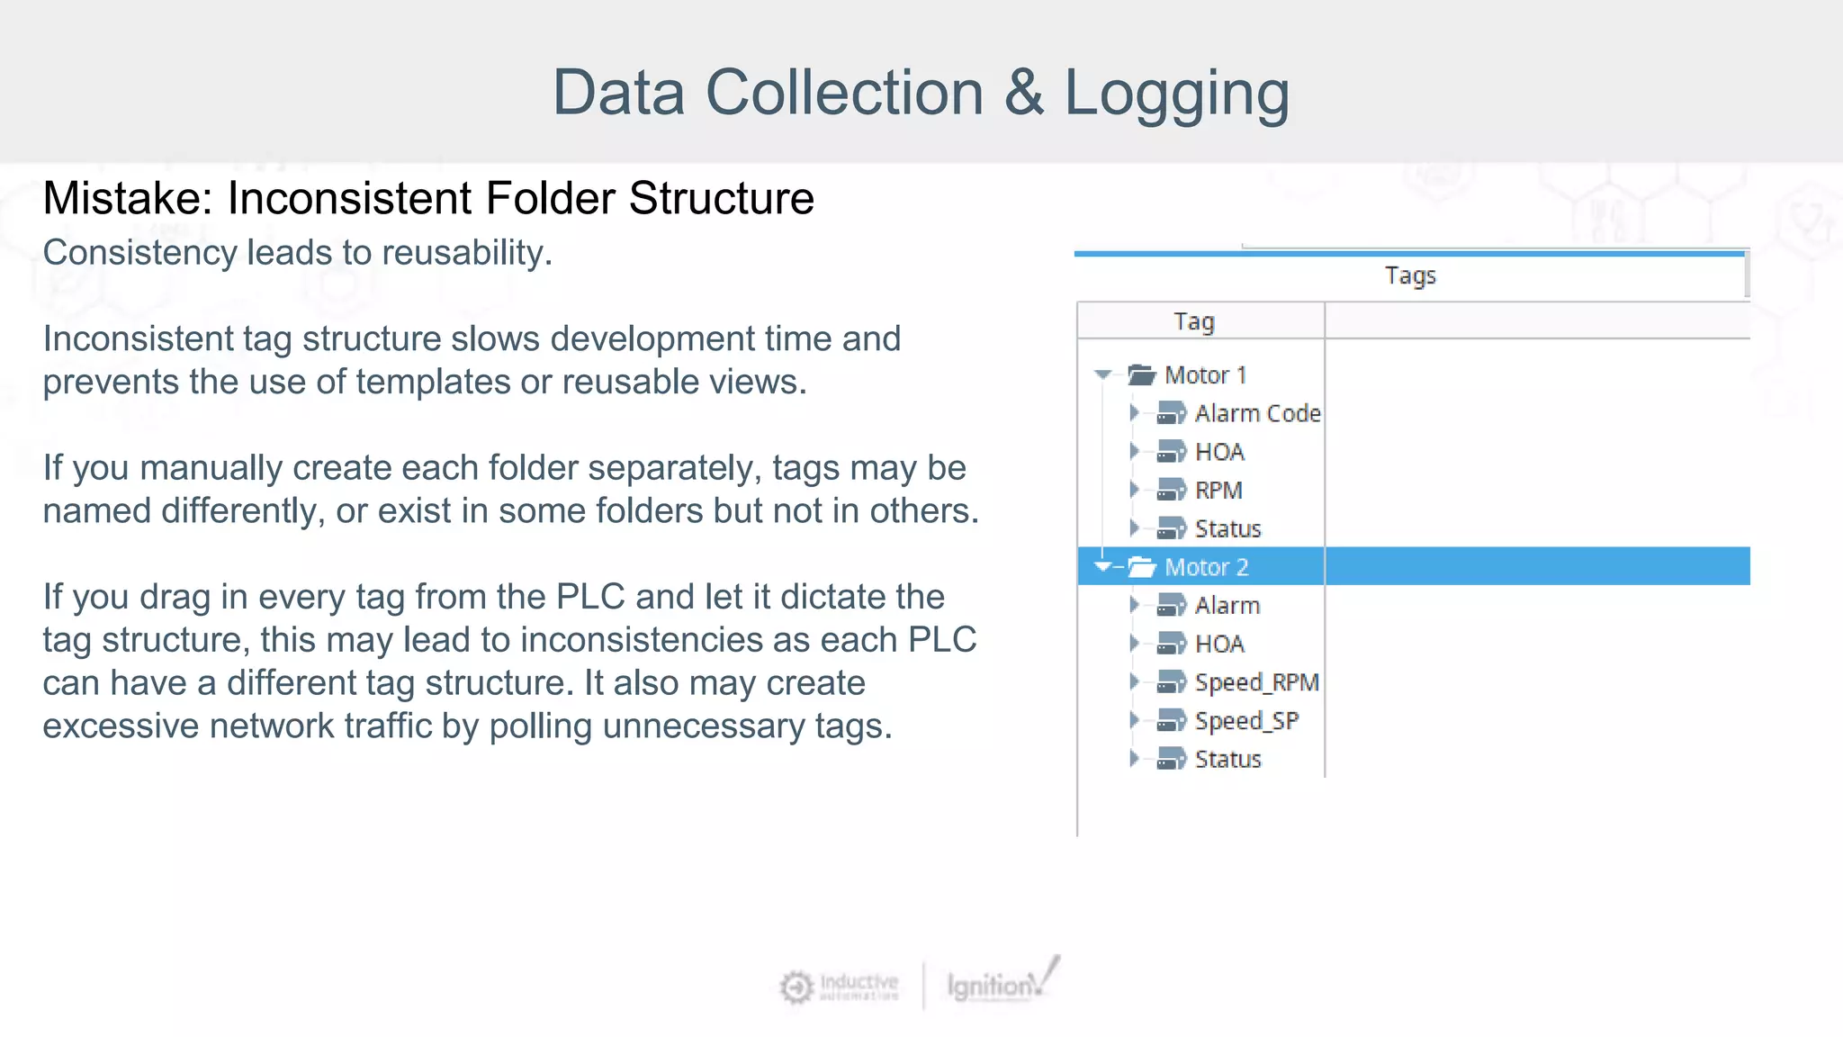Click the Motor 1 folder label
pos(1205,375)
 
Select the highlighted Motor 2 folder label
pos(1206,567)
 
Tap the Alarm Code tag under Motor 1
pos(1257,414)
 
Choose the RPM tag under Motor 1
pos(1218,491)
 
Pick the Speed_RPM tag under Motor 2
pos(1256,683)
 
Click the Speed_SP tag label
pos(1246,721)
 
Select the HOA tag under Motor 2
pos(1219,645)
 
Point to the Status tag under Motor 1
pos(1227,529)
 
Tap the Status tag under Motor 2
pos(1227,760)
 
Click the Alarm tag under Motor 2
pos(1227,606)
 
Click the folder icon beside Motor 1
pos(1141,374)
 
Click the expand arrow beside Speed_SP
pos(1134,720)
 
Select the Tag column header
pos(1194,321)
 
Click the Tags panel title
pos(1410,275)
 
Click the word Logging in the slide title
pos(1176,94)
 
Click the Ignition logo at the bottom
pos(999,984)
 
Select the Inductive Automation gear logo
pos(796,987)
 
